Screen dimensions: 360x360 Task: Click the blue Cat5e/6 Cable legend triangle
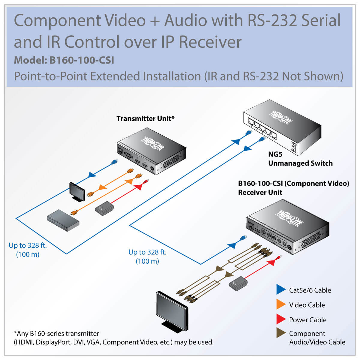(x=281, y=290)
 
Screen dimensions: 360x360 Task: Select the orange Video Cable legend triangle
(x=281, y=304)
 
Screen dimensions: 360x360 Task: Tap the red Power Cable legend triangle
(x=281, y=319)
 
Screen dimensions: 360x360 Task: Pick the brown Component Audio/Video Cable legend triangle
(x=281, y=333)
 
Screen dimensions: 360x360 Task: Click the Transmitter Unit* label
(x=145, y=118)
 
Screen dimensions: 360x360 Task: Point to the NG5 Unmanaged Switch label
(x=300, y=159)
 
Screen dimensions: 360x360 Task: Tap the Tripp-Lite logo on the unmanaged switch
(x=281, y=117)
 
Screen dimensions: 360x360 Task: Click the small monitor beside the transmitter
(x=77, y=191)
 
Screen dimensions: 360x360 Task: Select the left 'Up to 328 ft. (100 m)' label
(x=28, y=250)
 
